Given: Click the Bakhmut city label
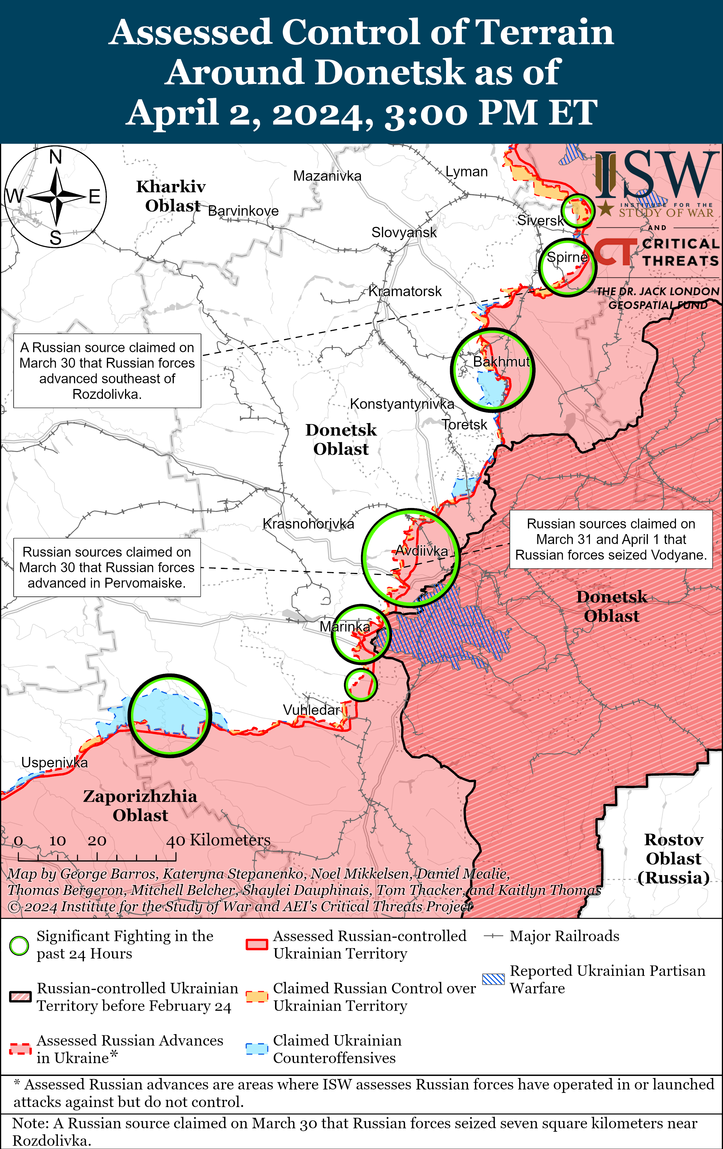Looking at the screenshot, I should tap(501, 362).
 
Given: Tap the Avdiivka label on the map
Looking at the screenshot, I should tap(422, 551).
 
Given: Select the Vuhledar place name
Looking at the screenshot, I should tap(311, 710).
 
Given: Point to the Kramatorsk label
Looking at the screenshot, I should tap(405, 291).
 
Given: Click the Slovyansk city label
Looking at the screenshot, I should tap(404, 232).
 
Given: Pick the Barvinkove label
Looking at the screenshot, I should tap(243, 211).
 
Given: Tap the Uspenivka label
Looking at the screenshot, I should tap(54, 763).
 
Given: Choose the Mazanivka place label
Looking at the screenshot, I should tap(327, 176).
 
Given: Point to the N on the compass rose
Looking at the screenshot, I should tap(56, 157).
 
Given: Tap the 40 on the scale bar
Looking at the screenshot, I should tap(176, 841).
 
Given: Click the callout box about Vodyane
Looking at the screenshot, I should tap(611, 539).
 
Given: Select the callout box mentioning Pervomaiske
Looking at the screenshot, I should tap(107, 567).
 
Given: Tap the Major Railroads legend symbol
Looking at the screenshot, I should tap(493, 936).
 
